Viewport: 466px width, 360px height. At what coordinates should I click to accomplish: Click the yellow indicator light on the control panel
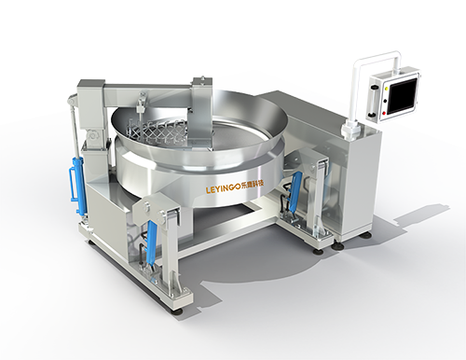[x=386, y=89]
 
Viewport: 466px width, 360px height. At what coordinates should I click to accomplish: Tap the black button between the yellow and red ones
[x=385, y=101]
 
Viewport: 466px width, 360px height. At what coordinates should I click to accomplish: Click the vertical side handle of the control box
[x=372, y=102]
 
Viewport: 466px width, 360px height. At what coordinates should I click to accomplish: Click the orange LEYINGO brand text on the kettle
[x=223, y=189]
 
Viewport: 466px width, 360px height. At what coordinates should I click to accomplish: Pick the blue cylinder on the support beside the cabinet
[x=293, y=188]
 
